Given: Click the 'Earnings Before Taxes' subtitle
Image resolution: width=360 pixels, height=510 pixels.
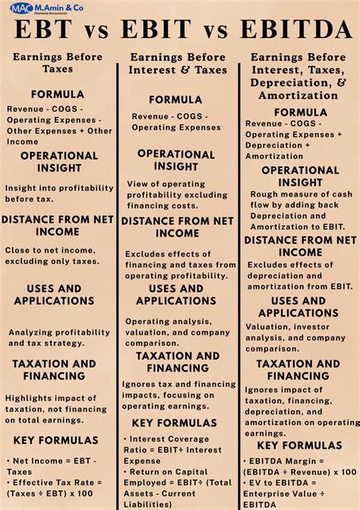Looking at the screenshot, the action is point(58,62).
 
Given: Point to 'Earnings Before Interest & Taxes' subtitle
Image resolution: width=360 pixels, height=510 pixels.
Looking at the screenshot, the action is point(178,63).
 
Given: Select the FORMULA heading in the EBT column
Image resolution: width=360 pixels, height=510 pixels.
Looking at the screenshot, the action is point(58,94).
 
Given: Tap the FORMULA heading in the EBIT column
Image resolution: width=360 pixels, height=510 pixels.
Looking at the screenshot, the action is point(175,100).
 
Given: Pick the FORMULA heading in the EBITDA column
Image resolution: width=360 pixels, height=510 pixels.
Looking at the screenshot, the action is point(301,112).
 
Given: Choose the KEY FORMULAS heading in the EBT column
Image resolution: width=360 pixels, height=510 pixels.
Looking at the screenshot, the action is point(53,440).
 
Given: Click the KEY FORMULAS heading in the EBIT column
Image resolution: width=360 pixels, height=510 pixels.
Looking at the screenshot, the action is point(175,423).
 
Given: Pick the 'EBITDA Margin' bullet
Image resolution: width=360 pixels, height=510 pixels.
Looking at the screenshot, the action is point(299,467).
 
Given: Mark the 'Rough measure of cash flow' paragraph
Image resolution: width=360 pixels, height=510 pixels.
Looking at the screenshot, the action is point(299,211).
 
